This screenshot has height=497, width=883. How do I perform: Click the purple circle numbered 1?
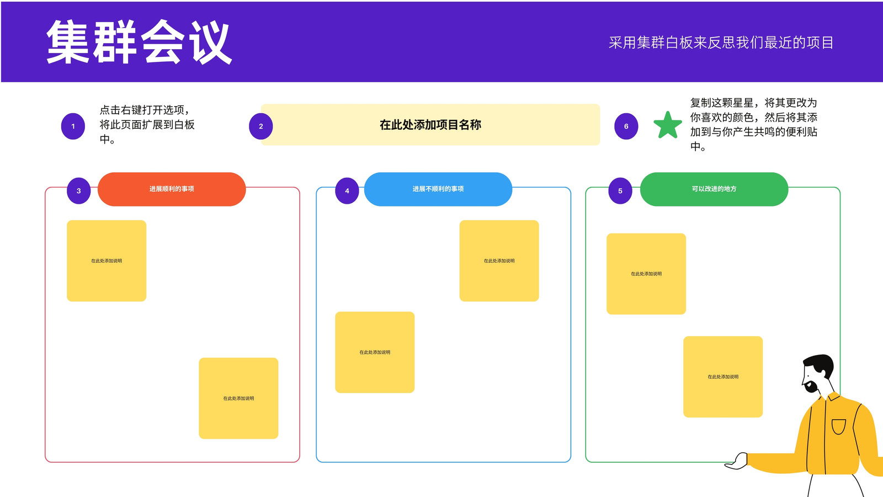pyautogui.click(x=73, y=126)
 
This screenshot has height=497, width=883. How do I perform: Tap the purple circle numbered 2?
pyautogui.click(x=260, y=126)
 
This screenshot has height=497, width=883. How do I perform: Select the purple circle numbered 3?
pyautogui.click(x=79, y=191)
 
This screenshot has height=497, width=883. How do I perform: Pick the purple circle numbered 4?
pyautogui.click(x=347, y=191)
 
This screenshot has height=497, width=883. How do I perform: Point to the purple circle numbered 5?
pyautogui.click(x=620, y=191)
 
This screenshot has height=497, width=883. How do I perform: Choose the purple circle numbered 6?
pyautogui.click(x=626, y=126)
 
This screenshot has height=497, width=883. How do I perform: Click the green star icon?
pyautogui.click(x=668, y=125)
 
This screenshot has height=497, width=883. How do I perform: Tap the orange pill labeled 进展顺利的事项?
pyautogui.click(x=172, y=189)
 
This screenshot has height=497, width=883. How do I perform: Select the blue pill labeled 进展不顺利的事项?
pyautogui.click(x=438, y=189)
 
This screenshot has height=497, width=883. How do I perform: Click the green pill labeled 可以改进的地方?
pyautogui.click(x=714, y=189)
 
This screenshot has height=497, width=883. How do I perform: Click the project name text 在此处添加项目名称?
pyautogui.click(x=430, y=125)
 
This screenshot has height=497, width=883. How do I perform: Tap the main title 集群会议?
pyautogui.click(x=139, y=42)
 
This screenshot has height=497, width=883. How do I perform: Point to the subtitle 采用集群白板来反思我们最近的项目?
pyautogui.click(x=721, y=43)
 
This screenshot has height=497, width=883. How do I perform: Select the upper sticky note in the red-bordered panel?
pyautogui.click(x=107, y=261)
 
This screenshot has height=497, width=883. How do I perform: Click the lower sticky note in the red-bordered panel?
pyautogui.click(x=238, y=398)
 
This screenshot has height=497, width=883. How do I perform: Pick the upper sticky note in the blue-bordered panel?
pyautogui.click(x=499, y=261)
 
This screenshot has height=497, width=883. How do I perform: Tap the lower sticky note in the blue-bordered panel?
pyautogui.click(x=375, y=352)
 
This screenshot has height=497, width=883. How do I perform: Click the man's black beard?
pyautogui.click(x=811, y=386)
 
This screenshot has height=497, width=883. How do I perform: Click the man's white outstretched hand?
pyautogui.click(x=737, y=461)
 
